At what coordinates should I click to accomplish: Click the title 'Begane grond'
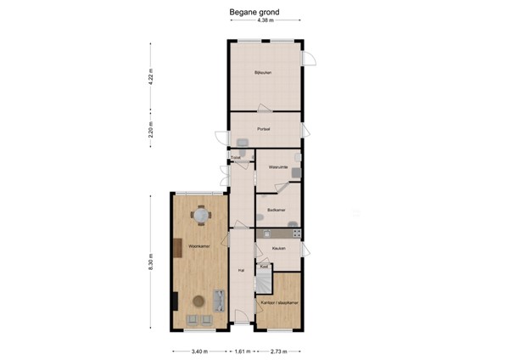[x=255, y=13]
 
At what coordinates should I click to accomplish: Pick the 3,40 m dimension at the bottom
[x=199, y=350]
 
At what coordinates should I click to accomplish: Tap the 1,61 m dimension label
[x=242, y=350]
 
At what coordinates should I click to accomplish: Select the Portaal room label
[x=264, y=129]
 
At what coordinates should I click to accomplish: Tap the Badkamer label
[x=276, y=209]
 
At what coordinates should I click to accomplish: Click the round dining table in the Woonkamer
[x=200, y=217]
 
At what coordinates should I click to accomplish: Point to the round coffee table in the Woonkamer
[x=199, y=299]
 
